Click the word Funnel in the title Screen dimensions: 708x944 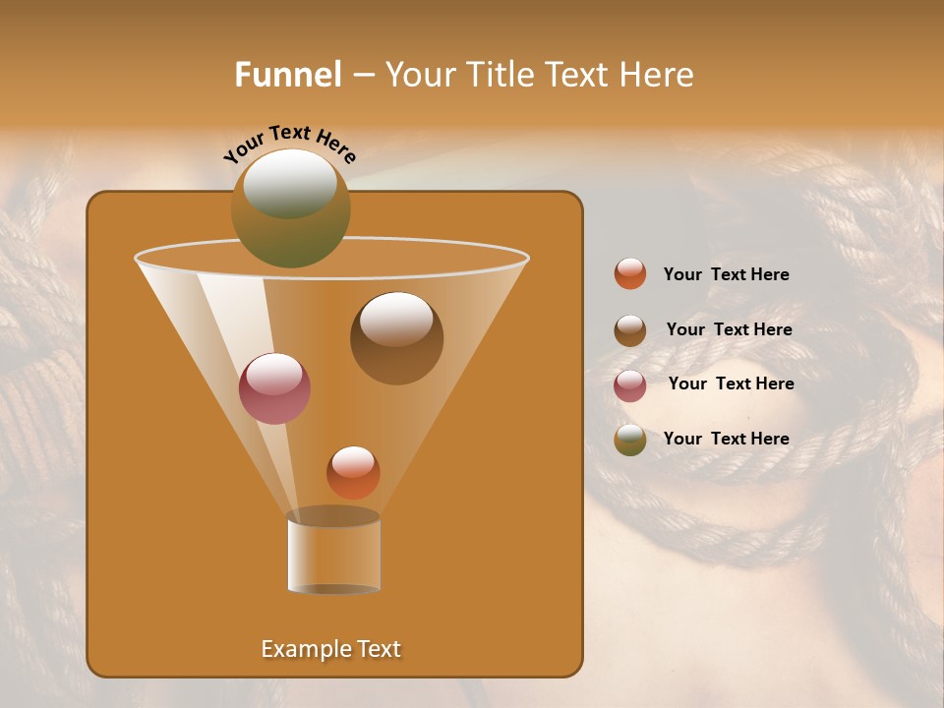[x=288, y=75]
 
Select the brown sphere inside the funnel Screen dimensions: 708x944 [x=396, y=339]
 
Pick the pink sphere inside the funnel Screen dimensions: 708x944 [x=274, y=388]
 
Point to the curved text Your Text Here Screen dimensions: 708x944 [x=289, y=143]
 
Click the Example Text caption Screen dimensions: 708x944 [x=330, y=649]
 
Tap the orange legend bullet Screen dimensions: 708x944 [x=630, y=274]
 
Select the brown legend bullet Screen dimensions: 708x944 [x=630, y=330]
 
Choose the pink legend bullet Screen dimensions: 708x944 [x=630, y=385]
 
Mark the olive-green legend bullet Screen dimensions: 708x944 [x=630, y=440]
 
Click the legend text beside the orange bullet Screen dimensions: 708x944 [x=726, y=275]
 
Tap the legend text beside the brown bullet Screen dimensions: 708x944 [x=729, y=330]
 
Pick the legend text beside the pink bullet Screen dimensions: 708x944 [x=731, y=384]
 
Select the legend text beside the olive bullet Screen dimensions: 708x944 [x=726, y=439]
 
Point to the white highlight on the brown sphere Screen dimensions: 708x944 [x=396, y=319]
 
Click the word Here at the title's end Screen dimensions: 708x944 [x=658, y=75]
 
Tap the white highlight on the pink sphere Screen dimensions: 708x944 [x=273, y=375]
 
